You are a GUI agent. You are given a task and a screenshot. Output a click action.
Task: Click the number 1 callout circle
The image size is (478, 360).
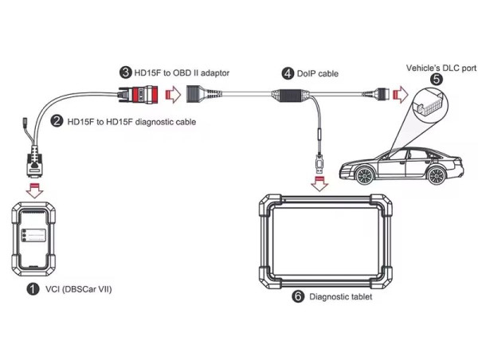pyautogui.click(x=33, y=289)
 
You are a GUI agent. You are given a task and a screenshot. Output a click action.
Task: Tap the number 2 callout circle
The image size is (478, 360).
pyautogui.click(x=57, y=121)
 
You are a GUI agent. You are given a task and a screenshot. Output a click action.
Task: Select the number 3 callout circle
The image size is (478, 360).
pyautogui.click(x=126, y=72)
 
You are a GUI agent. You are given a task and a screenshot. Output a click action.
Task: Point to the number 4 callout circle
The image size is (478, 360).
pyautogui.click(x=287, y=73)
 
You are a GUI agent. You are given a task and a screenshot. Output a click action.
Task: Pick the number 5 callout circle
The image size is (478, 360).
pyautogui.click(x=435, y=80)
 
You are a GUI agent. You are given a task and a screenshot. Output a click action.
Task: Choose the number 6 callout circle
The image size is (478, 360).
pyautogui.click(x=297, y=296)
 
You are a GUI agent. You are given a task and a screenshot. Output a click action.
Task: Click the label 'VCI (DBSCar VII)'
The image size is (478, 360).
pyautogui.click(x=77, y=289)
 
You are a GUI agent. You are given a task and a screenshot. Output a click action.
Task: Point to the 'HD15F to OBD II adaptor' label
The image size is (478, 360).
pyautogui.click(x=182, y=72)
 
